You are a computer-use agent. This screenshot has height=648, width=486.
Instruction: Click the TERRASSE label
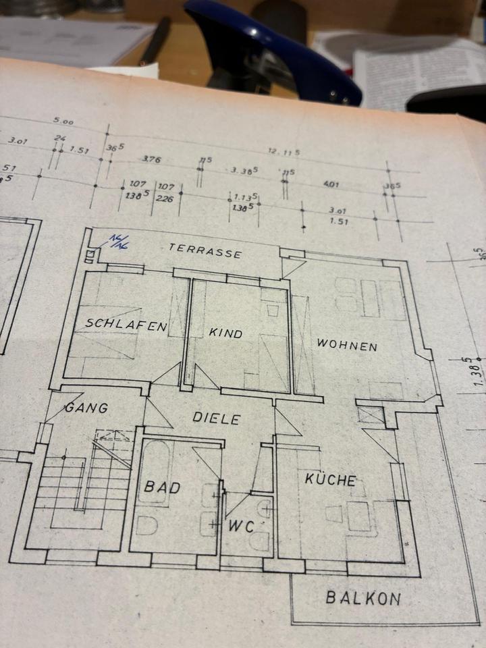[x=205, y=250]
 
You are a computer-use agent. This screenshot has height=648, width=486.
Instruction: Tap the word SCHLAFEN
[x=126, y=325]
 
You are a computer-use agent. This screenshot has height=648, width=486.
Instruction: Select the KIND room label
[x=225, y=333]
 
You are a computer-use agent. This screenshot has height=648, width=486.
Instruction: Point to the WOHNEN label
[x=347, y=345]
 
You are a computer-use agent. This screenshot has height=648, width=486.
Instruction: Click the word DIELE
[x=216, y=418]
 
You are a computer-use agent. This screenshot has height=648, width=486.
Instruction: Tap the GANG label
[x=86, y=408]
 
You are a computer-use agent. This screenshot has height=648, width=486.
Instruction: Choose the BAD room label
[x=162, y=486]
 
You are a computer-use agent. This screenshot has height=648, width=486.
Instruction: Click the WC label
[x=241, y=526]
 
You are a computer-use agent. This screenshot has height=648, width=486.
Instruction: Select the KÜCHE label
[x=330, y=480]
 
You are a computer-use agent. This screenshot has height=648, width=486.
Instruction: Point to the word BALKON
[x=363, y=597]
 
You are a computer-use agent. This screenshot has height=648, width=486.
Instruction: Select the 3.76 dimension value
[x=151, y=159]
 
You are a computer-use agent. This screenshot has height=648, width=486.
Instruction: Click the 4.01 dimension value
[x=331, y=183]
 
